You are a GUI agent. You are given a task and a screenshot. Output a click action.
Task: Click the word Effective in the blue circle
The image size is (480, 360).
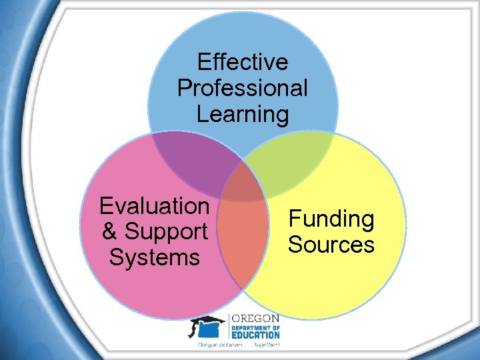click(243, 62)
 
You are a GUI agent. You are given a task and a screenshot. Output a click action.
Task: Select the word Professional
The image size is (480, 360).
click(243, 87)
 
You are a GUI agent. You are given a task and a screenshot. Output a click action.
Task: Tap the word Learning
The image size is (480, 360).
click(243, 113)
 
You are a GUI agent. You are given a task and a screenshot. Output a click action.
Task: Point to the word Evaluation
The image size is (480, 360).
click(154, 206)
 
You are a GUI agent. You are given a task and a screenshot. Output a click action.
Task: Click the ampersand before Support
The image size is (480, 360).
click(109, 232)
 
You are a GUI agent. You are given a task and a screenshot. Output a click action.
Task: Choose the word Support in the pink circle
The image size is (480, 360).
click(166, 232)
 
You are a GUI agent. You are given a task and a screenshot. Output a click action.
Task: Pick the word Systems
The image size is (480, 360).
click(154, 257)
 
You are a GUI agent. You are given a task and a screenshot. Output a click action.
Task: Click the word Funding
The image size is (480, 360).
click(331, 219)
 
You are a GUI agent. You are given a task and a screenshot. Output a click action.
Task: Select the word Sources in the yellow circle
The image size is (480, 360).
click(331, 245)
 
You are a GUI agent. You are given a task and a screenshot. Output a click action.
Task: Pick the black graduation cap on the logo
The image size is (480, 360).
click(206, 323)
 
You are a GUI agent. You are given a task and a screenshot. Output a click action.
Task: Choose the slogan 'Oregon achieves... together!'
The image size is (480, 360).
click(238, 345)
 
